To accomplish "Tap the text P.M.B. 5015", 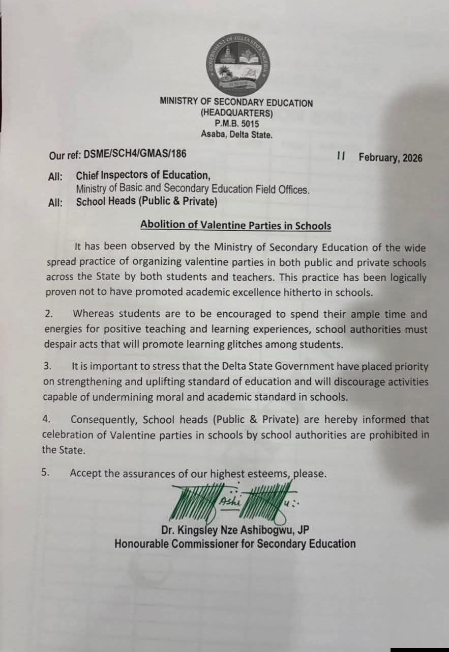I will click(x=236, y=124).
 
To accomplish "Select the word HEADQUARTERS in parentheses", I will click(x=237, y=113).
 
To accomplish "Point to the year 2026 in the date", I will click(x=412, y=157).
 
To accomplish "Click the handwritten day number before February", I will click(x=341, y=156).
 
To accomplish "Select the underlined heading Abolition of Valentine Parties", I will click(x=235, y=225).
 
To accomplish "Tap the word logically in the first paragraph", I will click(x=405, y=278).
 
